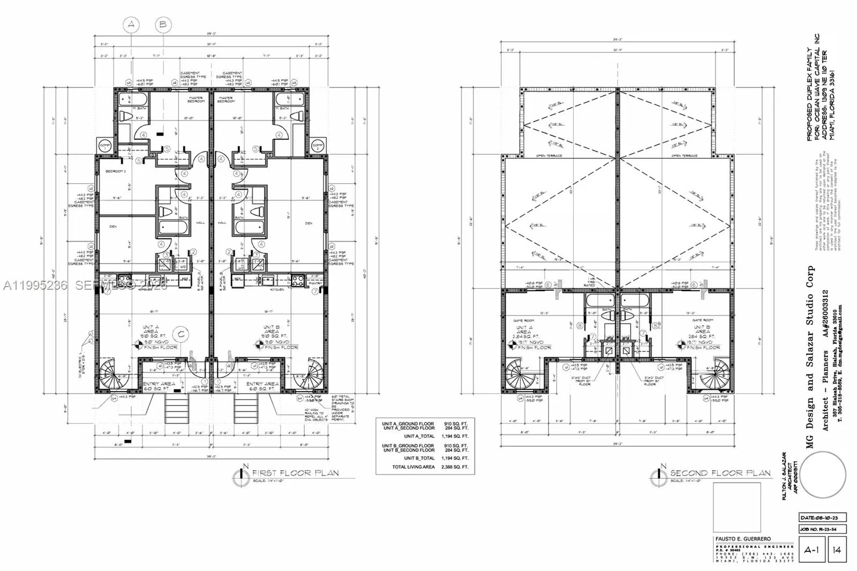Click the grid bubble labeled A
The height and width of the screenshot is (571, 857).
click(x=131, y=24)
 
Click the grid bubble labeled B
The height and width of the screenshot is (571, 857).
click(x=164, y=24)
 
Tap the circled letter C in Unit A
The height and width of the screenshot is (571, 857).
click(x=181, y=334)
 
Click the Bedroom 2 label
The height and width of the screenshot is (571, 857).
click(x=115, y=171)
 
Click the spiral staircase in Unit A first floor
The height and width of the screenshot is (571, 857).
click(x=114, y=375)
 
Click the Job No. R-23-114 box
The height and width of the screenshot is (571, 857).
click(x=818, y=529)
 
